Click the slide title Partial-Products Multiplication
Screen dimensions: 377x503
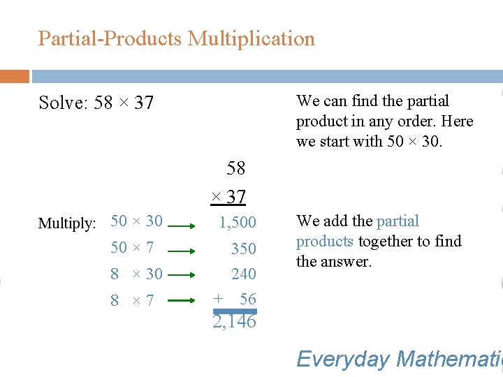(176, 38)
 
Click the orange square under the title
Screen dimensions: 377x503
(14, 76)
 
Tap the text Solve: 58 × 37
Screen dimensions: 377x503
(96, 103)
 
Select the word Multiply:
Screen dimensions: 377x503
(67, 223)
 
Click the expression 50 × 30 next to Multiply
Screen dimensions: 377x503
(136, 221)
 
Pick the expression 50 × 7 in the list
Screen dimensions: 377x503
(132, 247)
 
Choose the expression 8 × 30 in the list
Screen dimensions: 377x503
(136, 274)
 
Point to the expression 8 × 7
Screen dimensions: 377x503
(132, 300)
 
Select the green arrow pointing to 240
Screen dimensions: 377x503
(186, 274)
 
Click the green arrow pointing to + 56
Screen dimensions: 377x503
(186, 300)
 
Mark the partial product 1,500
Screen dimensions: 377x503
(238, 223)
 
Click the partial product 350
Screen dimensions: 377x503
(244, 249)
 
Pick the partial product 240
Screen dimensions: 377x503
(244, 274)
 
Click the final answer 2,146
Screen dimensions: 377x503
(235, 322)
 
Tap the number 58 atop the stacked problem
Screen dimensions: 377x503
(236, 168)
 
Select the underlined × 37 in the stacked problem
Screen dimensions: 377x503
(228, 198)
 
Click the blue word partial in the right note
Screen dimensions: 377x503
(398, 221)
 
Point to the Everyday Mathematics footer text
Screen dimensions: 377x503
(399, 359)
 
